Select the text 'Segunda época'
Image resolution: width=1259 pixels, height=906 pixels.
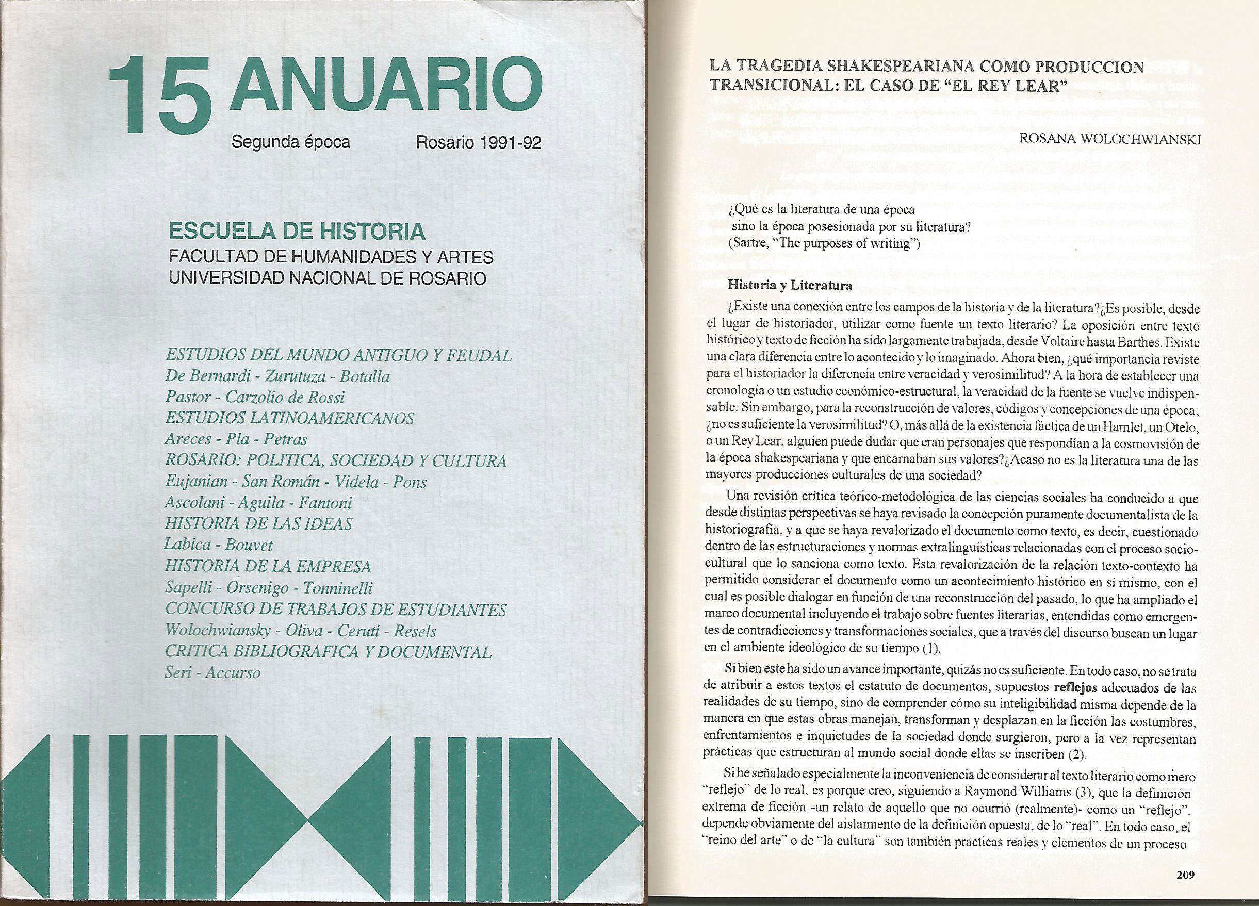291,143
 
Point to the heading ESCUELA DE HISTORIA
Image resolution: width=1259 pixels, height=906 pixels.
297,232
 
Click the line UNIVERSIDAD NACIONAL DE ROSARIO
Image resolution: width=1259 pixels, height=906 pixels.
328,277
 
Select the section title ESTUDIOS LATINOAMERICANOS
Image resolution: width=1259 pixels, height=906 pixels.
290,418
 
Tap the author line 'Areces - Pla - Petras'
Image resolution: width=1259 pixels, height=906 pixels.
236,439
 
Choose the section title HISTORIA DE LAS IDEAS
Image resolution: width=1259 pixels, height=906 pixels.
259,523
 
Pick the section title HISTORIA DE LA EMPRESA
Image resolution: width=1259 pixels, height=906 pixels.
268,566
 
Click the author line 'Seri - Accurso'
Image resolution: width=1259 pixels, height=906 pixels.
212,672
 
